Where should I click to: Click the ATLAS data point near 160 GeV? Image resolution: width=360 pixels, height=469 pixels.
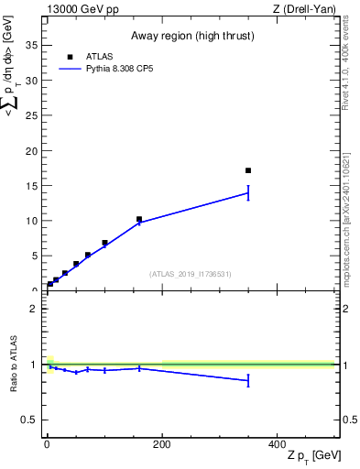click(x=139, y=220)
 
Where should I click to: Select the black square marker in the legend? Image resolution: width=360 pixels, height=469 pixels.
click(x=70, y=56)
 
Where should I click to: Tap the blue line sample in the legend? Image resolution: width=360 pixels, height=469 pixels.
click(x=70, y=68)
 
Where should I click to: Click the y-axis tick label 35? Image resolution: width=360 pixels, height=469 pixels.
click(x=32, y=45)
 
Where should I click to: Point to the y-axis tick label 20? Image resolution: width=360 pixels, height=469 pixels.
click(x=32, y=150)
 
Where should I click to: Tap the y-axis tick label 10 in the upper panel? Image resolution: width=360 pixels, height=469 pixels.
click(x=32, y=221)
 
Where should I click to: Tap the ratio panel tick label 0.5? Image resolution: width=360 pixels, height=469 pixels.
click(x=31, y=420)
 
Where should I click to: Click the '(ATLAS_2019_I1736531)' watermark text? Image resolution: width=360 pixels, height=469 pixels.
click(x=191, y=274)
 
